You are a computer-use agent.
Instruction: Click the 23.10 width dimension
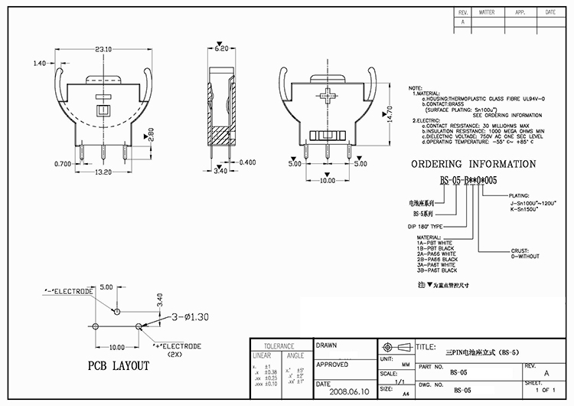coord(104,49)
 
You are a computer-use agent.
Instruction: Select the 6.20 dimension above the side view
coord(221,48)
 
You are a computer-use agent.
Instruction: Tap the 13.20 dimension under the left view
coord(103,172)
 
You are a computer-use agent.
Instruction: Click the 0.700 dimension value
coord(64,164)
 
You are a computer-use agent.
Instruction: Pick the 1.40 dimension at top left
coord(41,64)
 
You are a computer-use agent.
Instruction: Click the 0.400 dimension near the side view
coord(247,162)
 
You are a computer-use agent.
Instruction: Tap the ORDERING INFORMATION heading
coord(473,164)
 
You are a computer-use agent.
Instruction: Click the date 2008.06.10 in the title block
coord(345,391)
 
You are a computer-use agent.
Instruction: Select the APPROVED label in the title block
coord(334,365)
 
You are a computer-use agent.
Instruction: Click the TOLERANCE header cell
coord(280,345)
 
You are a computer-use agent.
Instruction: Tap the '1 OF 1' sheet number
coord(545,390)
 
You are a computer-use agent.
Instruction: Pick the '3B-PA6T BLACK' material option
coord(436,270)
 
